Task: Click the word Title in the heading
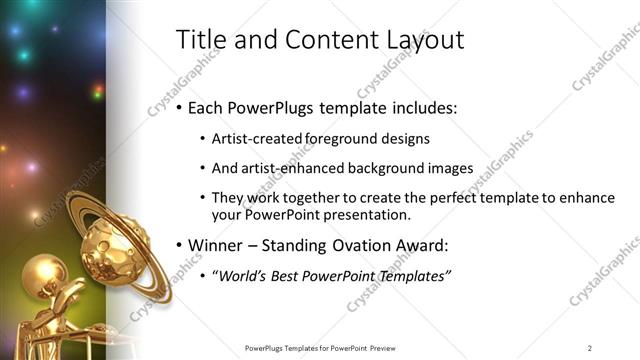point(199,40)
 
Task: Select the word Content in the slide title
point(319,40)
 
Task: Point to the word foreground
point(335,138)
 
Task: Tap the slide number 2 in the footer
point(590,348)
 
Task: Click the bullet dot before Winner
point(178,244)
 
